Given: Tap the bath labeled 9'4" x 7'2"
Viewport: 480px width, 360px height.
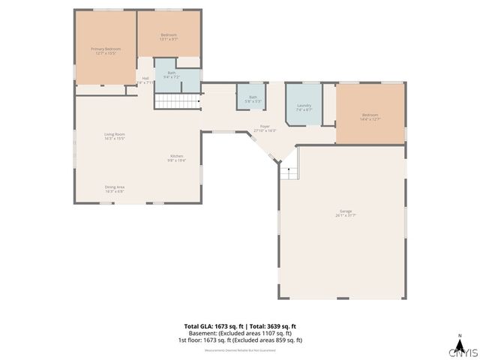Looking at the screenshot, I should point(172,74).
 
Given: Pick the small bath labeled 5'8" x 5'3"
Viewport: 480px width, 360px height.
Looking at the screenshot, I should point(253,98).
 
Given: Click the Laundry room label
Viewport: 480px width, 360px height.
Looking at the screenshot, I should point(304,106).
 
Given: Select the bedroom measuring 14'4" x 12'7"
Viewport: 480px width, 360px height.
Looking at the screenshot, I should point(370,116).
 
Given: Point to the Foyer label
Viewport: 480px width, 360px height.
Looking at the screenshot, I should point(265,128).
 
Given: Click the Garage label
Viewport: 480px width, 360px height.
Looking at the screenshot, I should point(344,213).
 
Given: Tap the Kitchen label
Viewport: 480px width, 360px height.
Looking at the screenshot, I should point(176,157).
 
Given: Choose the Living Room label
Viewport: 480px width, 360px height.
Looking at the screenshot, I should point(114,136).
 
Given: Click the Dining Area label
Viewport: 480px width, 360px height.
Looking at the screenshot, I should point(114,188).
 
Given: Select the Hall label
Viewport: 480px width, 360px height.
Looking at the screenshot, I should point(145,79).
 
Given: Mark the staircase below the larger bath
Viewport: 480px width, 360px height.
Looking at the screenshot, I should point(177,102).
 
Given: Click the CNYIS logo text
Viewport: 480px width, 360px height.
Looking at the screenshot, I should point(462,352).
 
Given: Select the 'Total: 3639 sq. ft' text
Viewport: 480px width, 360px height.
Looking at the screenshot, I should point(273,326).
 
